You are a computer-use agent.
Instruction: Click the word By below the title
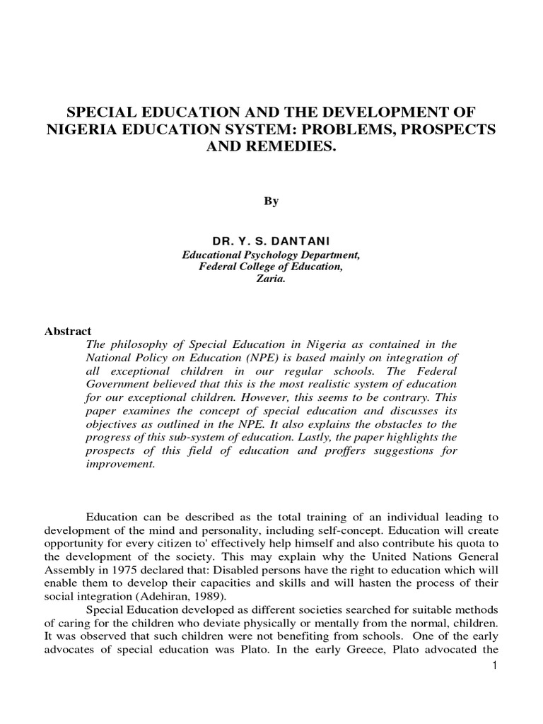click(271, 202)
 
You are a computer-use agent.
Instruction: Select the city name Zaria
click(271, 279)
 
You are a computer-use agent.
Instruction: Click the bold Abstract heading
click(69, 331)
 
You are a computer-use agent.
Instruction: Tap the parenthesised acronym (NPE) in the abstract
click(261, 358)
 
